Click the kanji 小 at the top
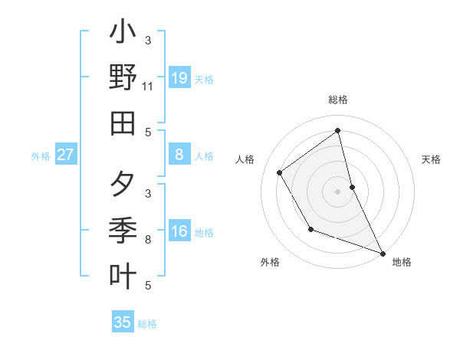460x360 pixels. coord(123,34)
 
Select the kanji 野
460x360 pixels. coord(123,78)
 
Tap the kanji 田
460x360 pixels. coord(123,123)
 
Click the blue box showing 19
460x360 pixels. coord(179,78)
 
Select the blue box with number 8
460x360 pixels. coord(179,155)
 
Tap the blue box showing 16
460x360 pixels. coord(179,231)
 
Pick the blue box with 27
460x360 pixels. coord(66,155)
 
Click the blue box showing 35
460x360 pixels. coord(123,322)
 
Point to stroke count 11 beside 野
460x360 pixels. coord(147,87)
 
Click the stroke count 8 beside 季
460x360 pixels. coord(148,240)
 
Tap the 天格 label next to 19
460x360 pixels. coord(204,80)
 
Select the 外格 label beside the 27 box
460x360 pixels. coord(41,156)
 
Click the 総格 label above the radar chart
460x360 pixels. coord(337,100)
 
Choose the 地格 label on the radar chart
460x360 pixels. coord(402,262)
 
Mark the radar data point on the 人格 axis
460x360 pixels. coord(280,173)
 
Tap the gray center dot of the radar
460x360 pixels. coord(337,191)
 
